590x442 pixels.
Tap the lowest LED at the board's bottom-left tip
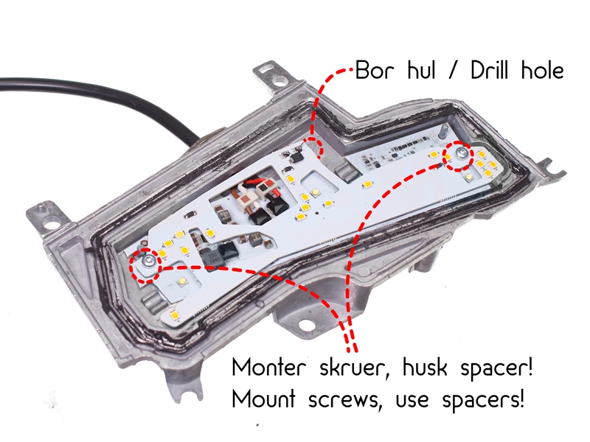click(x=175, y=316)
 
